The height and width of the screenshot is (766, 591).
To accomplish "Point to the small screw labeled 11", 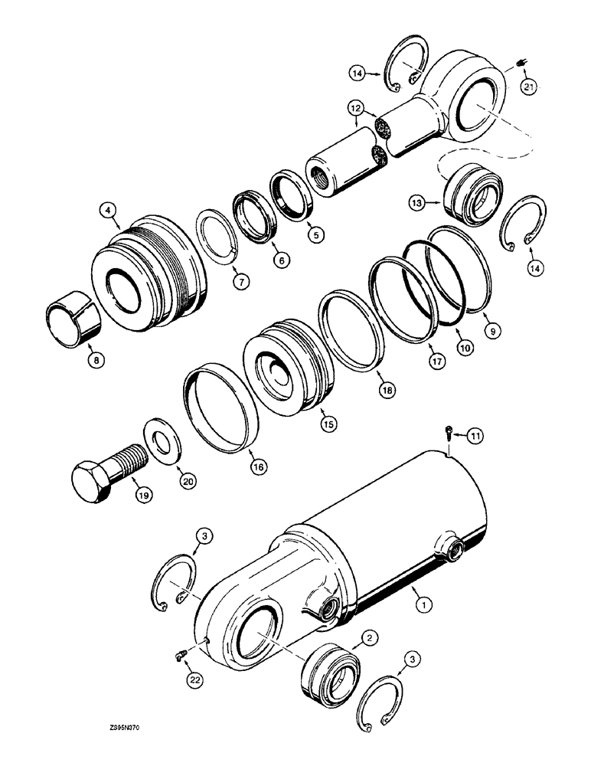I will coord(448,433).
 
